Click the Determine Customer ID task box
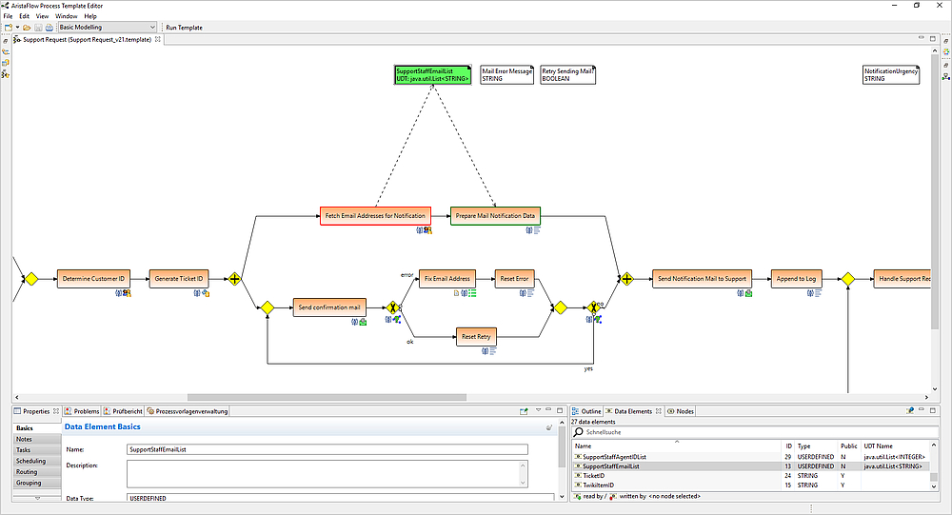click(x=93, y=279)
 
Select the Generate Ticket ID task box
click(x=179, y=279)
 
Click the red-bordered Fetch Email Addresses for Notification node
click(x=374, y=216)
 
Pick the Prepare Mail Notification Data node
click(x=494, y=216)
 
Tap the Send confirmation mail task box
click(x=328, y=307)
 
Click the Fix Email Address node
click(x=447, y=279)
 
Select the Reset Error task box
click(x=515, y=279)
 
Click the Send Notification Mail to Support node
click(x=702, y=279)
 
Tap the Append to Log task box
click(x=795, y=279)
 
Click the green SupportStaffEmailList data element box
click(x=433, y=74)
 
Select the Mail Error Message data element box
click(x=506, y=74)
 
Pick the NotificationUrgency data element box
click(x=890, y=75)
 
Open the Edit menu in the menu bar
click(x=25, y=16)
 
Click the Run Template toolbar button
click(x=184, y=28)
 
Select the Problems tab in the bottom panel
click(x=86, y=411)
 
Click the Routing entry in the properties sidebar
click(x=27, y=472)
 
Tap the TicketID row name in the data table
click(x=595, y=476)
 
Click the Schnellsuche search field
click(x=666, y=432)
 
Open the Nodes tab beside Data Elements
click(x=684, y=411)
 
